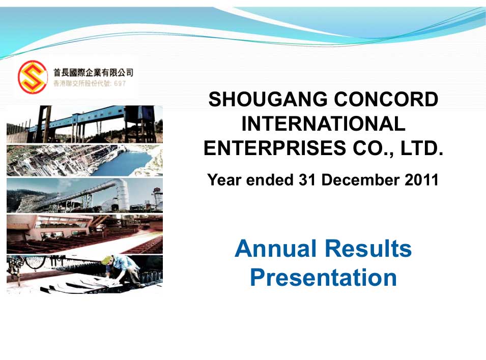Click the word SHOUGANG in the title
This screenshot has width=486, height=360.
(x=268, y=99)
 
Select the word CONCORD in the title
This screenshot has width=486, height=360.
(x=386, y=99)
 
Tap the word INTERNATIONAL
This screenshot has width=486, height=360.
(x=323, y=124)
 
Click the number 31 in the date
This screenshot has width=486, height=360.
(x=307, y=179)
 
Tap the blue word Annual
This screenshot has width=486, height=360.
(x=276, y=249)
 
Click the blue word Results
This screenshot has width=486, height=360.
(x=368, y=249)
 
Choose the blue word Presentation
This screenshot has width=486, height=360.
(x=323, y=278)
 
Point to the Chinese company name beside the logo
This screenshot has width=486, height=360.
(x=93, y=73)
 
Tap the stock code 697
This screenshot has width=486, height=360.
(x=120, y=83)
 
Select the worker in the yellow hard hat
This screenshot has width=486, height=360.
(x=123, y=269)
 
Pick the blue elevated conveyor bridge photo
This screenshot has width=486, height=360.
(x=84, y=124)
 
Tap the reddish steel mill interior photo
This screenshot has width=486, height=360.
(x=84, y=234)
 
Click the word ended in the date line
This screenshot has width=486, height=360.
(x=269, y=179)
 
